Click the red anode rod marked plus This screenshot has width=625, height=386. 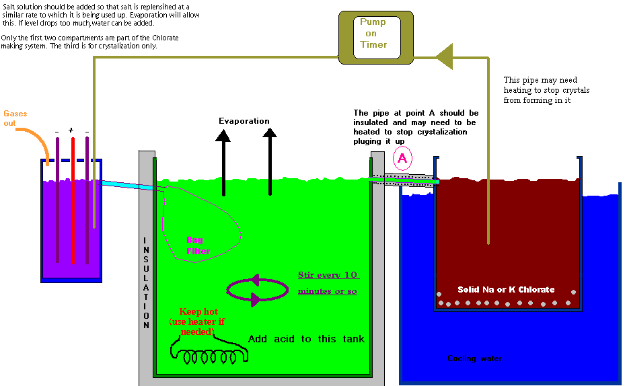point(72,202)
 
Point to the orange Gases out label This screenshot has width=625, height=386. point(15,118)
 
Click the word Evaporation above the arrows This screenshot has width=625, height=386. point(244,122)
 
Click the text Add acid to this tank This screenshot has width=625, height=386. point(306,339)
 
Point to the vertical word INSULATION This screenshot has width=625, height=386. point(146,282)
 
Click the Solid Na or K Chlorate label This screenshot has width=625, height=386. point(506,290)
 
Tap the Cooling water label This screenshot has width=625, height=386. point(474,359)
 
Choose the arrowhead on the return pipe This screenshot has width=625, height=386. point(444,56)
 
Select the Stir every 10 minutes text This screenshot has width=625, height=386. point(328,283)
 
